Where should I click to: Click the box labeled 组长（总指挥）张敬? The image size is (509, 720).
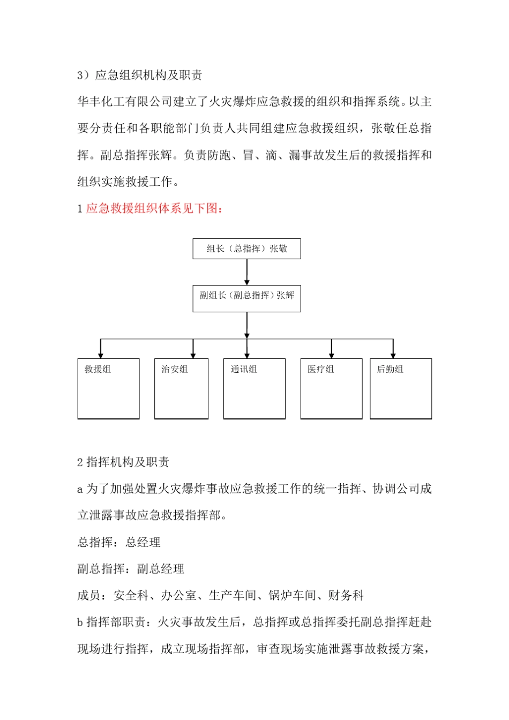[246, 249]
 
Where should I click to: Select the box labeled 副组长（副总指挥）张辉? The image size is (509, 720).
[246, 298]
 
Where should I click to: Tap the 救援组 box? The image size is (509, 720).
[108, 388]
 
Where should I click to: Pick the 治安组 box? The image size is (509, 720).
[181, 388]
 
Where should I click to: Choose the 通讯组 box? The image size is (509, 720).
[254, 388]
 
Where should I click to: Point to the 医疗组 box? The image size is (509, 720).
[331, 388]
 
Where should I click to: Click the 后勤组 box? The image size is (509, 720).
[401, 388]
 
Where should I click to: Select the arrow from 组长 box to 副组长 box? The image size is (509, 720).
[246, 272]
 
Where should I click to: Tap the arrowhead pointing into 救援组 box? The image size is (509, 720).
[101, 355]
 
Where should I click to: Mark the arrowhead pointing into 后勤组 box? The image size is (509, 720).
[393, 355]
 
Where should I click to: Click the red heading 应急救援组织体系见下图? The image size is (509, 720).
[154, 208]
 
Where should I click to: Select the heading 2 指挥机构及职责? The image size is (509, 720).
[123, 462]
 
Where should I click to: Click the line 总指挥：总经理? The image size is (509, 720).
[119, 542]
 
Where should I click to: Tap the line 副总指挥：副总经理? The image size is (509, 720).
[131, 569]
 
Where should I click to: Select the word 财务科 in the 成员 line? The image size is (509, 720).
[346, 595]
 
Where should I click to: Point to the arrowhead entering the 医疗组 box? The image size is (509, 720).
[332, 355]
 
